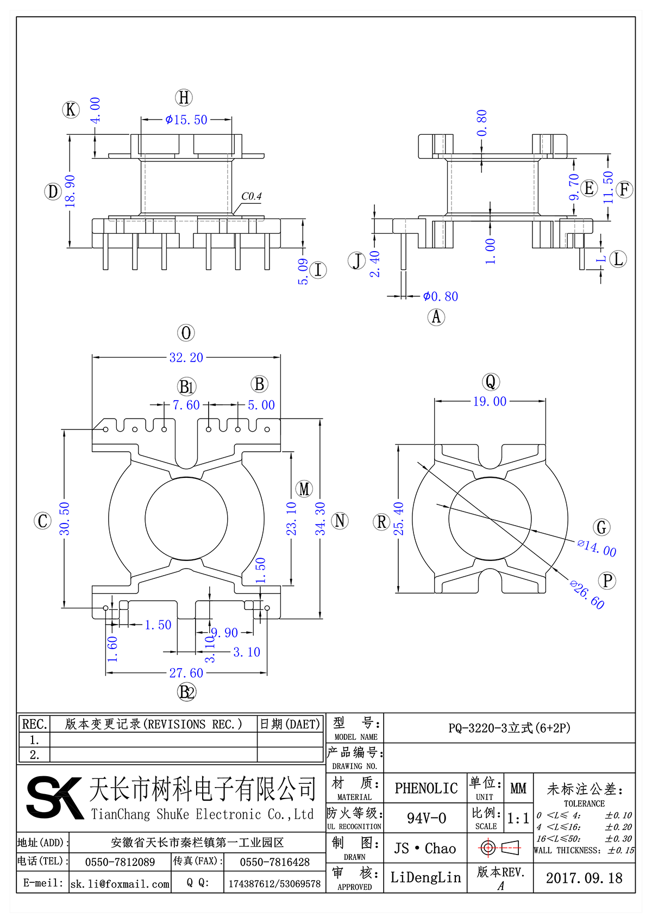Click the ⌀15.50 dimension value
coord(186,120)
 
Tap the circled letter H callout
coord(184,98)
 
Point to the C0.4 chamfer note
coord(251,196)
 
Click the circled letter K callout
coord(71,110)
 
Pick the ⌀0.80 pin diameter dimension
coord(441,296)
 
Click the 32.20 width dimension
coord(186,358)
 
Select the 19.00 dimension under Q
coord(490,402)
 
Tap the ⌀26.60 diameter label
coord(587,595)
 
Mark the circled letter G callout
coord(601,527)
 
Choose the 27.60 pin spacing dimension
coord(186,673)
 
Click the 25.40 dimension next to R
coord(399,519)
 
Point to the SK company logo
coord(54,797)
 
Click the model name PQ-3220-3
coord(509,728)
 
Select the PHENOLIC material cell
coord(426,788)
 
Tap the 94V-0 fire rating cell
coord(426,818)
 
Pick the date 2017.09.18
coord(584,878)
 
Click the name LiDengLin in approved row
coord(425,877)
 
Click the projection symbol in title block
coord(500,847)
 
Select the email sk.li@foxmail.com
coord(120,884)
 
